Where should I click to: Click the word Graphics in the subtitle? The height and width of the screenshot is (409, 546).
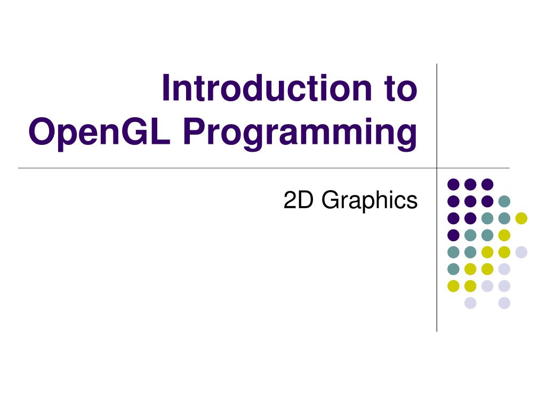[x=370, y=200]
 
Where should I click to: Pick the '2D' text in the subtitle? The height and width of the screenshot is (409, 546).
[x=300, y=200]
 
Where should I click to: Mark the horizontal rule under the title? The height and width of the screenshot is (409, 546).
[x=213, y=168]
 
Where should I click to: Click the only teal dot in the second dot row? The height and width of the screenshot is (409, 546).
[x=504, y=201]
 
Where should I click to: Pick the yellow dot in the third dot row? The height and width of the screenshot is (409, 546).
[x=521, y=218]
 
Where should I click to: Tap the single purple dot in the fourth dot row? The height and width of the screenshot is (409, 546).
[x=453, y=235]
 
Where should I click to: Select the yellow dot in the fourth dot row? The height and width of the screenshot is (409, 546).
[x=504, y=235]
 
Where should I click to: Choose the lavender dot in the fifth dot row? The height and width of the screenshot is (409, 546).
[x=521, y=252]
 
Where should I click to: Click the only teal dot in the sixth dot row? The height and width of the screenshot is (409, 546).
[x=453, y=269]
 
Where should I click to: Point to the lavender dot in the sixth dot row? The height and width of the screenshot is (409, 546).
[x=504, y=269]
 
